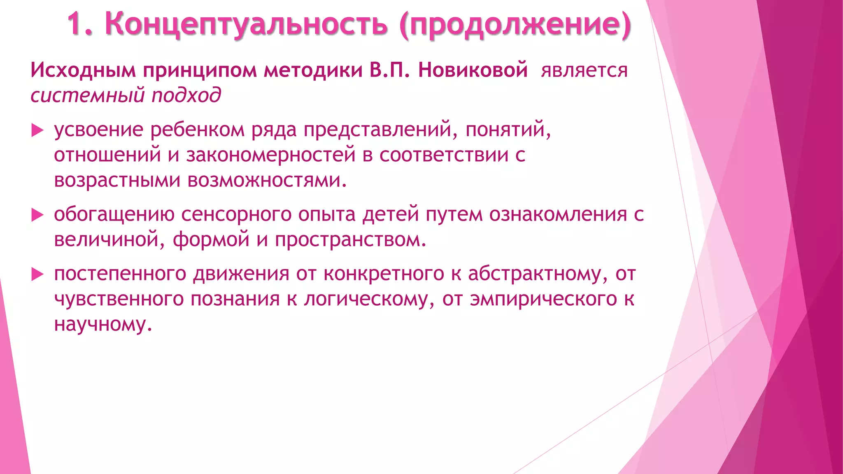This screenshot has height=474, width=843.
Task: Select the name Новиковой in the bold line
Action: point(473,70)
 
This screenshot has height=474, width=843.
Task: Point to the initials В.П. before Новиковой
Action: point(389,70)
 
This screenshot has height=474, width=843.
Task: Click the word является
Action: point(584,71)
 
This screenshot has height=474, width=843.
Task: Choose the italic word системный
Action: point(88,95)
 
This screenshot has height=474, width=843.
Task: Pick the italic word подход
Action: point(186,95)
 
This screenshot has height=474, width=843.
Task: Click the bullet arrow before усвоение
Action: point(37,131)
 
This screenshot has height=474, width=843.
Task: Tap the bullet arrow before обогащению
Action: point(37,215)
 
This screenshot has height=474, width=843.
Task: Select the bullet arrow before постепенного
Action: point(37,274)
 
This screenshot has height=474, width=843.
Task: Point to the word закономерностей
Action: point(271,155)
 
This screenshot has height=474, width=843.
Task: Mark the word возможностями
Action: point(267,180)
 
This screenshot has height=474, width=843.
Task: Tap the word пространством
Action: point(350,240)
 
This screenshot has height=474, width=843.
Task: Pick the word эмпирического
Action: point(543,299)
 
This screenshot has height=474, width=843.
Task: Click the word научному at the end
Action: point(103,324)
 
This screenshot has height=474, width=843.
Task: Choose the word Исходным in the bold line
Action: point(83,70)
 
